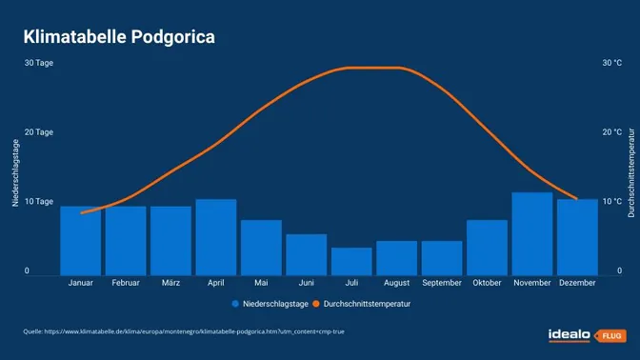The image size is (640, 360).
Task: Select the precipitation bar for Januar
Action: point(80,240)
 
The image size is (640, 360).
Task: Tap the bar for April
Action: point(215,236)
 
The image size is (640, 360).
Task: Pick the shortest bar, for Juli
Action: point(351,261)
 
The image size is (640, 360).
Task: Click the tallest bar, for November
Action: point(532,233)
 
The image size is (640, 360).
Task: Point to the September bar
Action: point(442,257)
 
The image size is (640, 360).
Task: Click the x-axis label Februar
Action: point(126,283)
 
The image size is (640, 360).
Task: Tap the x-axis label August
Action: point(396,283)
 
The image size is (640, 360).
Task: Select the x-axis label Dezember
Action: point(577,283)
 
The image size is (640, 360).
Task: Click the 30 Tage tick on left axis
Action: point(39,63)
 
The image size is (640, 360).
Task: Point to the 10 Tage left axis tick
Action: point(39,202)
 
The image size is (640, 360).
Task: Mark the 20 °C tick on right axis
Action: point(611,132)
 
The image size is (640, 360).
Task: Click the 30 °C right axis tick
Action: point(611,63)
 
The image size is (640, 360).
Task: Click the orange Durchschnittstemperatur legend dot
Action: point(316,304)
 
